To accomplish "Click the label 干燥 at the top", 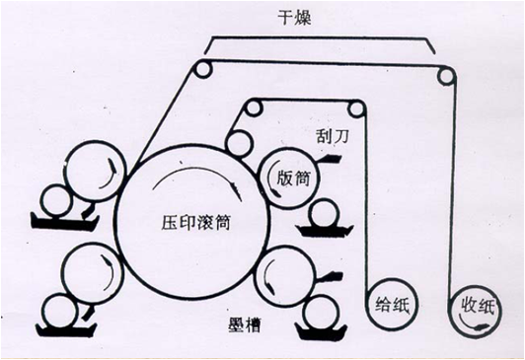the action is click(x=294, y=18).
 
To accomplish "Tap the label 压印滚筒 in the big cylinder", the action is click(x=195, y=223).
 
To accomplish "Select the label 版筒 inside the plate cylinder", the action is click(x=293, y=178).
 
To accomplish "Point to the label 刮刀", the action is click(x=333, y=136).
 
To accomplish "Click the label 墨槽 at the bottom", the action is click(x=245, y=324).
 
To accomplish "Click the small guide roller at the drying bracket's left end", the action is click(x=203, y=69).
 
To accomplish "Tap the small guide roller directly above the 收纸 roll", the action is click(x=446, y=75).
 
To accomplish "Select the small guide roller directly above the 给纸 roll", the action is click(x=356, y=108).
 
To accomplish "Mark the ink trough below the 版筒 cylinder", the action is click(x=324, y=231).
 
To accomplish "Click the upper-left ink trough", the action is click(x=64, y=222).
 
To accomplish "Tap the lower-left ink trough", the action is click(x=66, y=329).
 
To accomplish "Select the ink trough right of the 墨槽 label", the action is click(x=322, y=331).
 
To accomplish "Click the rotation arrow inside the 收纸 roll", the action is click(x=471, y=324).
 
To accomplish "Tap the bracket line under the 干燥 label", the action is click(x=320, y=37).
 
